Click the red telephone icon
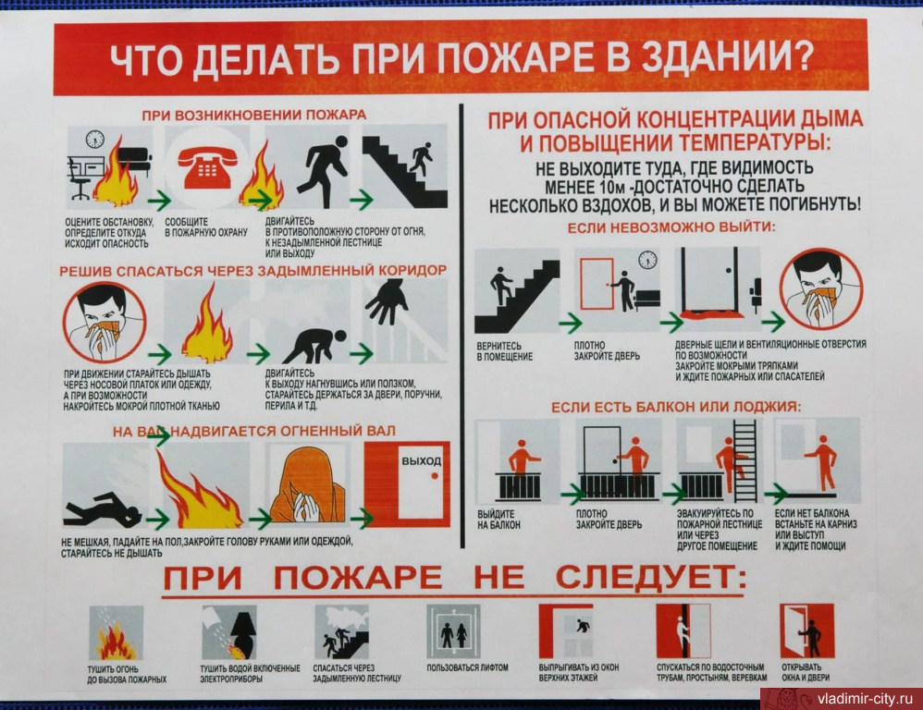(207, 167)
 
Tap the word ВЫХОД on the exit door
(421, 461)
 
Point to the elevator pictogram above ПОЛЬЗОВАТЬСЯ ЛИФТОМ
(453, 631)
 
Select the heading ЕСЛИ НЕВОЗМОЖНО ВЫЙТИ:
(671, 227)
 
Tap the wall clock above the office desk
(94, 140)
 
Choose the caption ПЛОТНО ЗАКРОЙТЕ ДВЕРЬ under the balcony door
(609, 519)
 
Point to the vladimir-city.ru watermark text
(865, 700)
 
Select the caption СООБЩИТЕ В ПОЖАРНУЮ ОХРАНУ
(206, 227)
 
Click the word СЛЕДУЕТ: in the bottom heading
(650, 578)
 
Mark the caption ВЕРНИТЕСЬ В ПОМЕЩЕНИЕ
(504, 351)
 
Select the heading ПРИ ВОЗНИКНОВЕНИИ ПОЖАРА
(253, 115)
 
